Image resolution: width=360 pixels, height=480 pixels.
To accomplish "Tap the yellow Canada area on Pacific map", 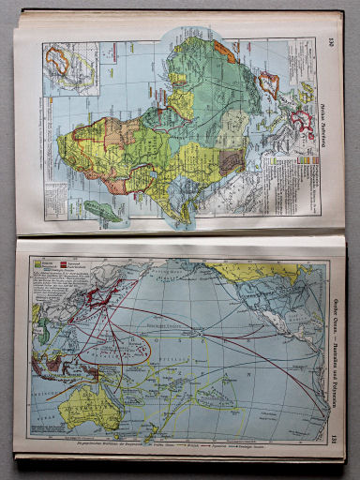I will pos(253,272).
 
